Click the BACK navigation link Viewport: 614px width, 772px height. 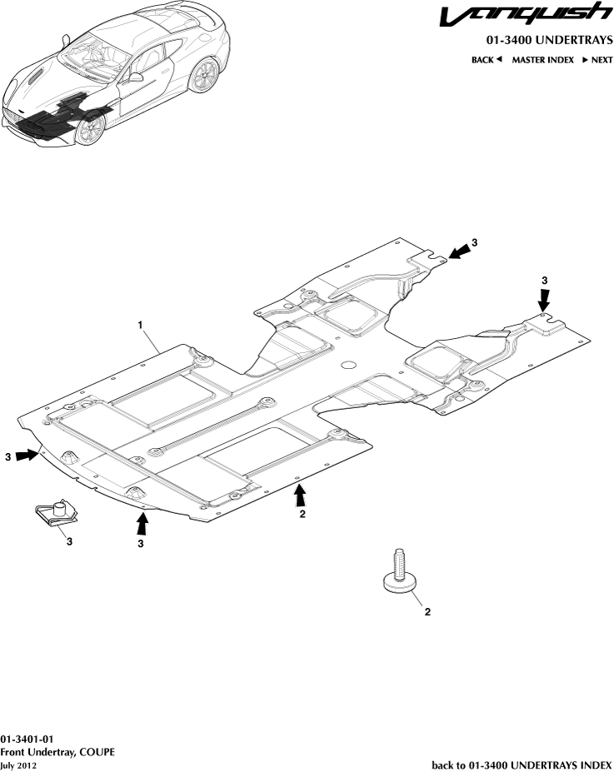487,60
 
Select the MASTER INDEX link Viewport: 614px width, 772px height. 542,60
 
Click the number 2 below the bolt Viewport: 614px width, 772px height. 427,612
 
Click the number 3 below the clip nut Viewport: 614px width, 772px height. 69,542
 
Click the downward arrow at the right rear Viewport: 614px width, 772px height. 544,298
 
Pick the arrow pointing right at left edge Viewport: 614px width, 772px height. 27,456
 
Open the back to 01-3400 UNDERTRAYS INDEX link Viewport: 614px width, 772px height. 522,764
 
